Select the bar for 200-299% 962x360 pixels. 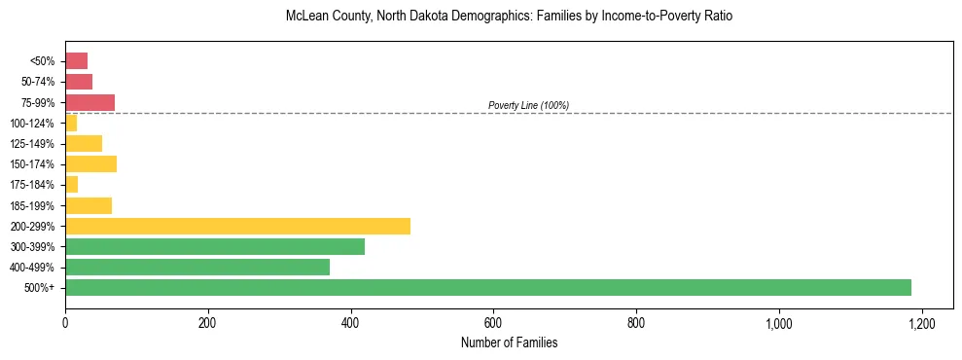(238, 226)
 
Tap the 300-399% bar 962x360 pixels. (215, 246)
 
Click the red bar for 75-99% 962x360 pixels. (90, 102)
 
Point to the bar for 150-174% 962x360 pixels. (91, 163)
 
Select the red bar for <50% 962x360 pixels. (77, 61)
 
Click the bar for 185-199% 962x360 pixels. (89, 205)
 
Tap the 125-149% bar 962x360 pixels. (84, 143)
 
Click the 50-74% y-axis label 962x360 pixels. (39, 82)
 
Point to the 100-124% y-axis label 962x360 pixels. (33, 123)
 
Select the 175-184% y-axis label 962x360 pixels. (33, 185)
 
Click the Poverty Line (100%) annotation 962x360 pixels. (528, 105)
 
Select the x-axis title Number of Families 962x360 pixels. (509, 342)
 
